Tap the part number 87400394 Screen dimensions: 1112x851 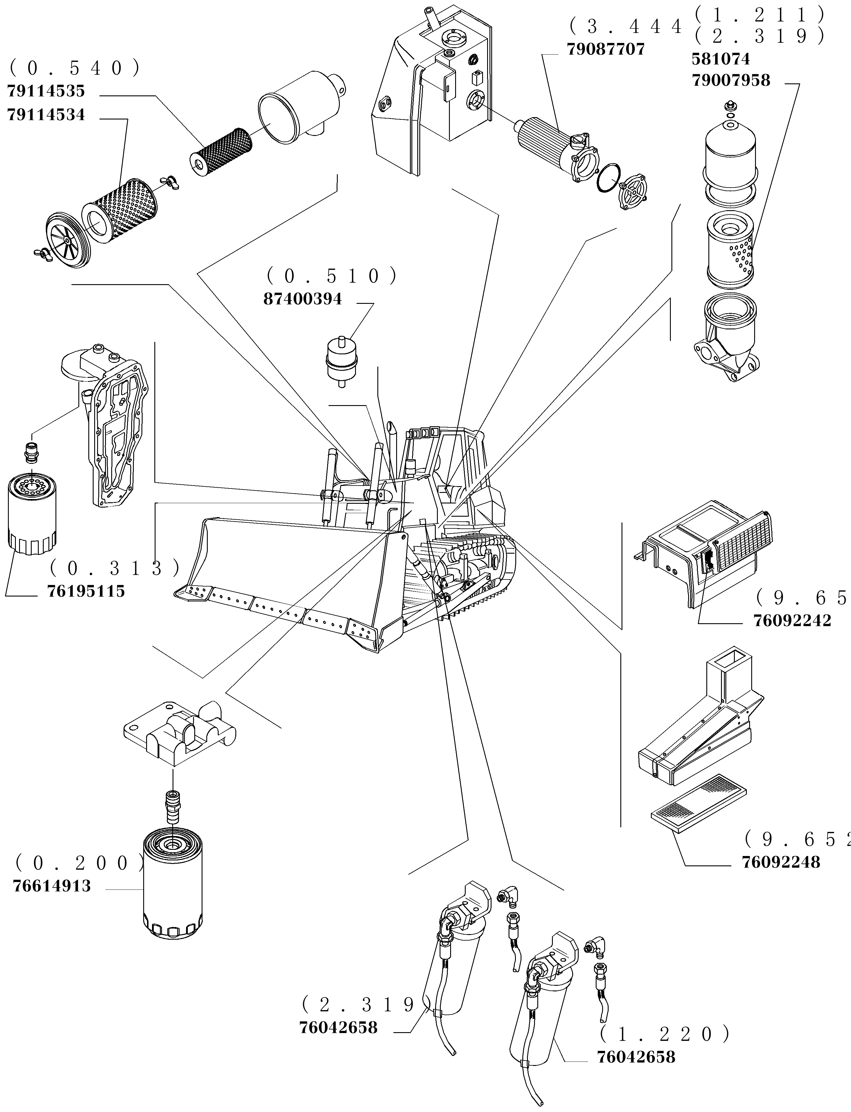(x=303, y=299)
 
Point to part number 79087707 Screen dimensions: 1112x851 (x=605, y=50)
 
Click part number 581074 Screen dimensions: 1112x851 (x=720, y=59)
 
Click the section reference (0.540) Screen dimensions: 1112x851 (x=75, y=68)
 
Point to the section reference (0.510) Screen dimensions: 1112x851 (x=332, y=276)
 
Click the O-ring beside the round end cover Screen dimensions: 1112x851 (x=608, y=178)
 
